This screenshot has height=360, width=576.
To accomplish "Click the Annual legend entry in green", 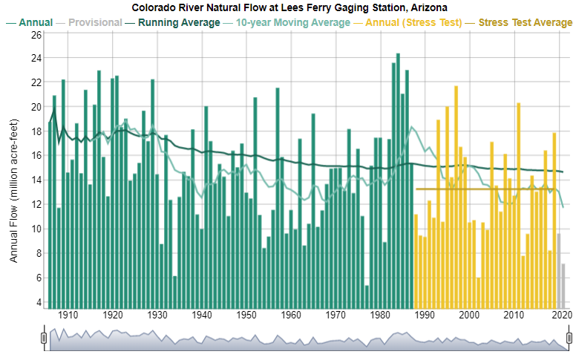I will click(35, 22).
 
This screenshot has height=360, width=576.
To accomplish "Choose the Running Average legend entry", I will click(178, 22).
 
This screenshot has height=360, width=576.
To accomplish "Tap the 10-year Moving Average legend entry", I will click(292, 22).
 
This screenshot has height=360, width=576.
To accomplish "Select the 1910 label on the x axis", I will click(68, 315).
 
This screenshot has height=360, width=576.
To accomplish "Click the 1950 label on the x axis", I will click(246, 315).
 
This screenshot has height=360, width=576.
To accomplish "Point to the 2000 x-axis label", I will click(469, 315).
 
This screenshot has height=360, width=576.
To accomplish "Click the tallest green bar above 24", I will click(398, 178).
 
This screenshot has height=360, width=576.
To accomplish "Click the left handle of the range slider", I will click(44, 338).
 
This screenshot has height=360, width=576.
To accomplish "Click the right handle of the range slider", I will click(569, 338).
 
